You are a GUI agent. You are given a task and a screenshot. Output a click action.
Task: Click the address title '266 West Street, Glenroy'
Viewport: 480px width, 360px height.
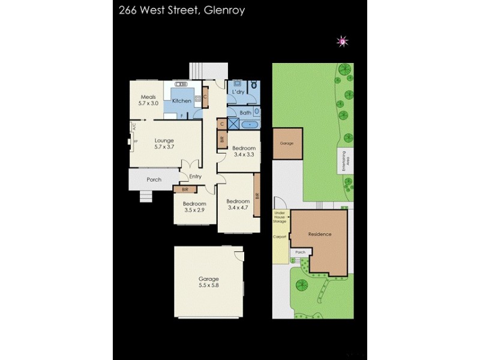coord(178,10)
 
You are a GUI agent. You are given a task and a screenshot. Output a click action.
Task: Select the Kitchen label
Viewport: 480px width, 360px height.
coord(181,101)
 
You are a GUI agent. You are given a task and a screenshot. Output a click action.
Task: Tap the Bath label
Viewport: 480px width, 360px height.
coord(245,113)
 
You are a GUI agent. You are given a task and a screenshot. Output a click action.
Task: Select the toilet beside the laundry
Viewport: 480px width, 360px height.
coord(255,85)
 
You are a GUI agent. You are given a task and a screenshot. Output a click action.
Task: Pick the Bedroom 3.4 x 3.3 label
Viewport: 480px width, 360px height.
coord(244,151)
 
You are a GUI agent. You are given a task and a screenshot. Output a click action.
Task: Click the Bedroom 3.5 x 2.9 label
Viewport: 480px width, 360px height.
coord(194,208)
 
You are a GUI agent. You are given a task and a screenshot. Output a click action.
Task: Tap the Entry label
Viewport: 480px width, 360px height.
coord(195,176)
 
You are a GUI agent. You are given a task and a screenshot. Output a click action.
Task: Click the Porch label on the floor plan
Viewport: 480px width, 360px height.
coord(154,179)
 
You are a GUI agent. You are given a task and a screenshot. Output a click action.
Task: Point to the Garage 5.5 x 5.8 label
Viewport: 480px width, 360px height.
coord(209,282)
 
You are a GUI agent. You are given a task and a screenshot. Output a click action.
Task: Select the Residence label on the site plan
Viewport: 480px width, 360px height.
coord(319,233)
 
